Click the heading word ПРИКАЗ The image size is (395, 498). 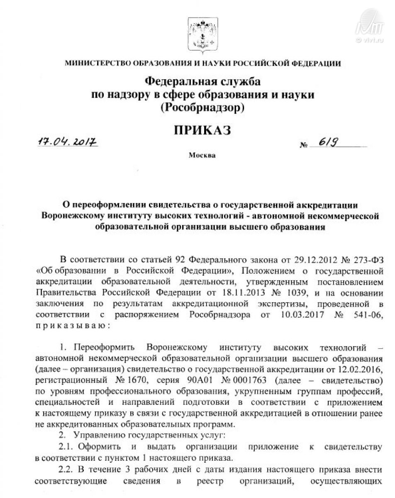(202, 130)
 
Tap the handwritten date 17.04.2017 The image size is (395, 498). (67, 142)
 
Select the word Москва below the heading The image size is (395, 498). (202, 156)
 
